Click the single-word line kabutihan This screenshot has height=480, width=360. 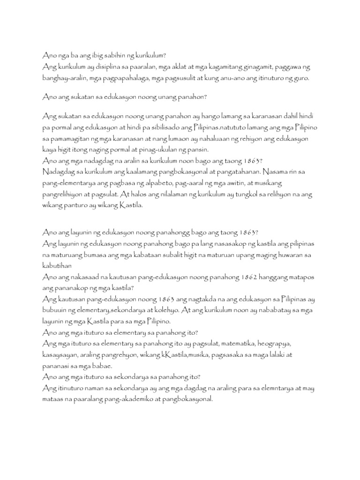[59, 265]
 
